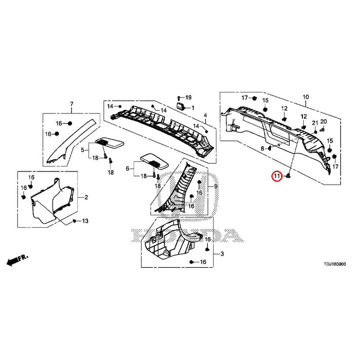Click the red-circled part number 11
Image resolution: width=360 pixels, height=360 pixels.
pyautogui.click(x=277, y=176)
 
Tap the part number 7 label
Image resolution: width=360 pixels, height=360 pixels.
pyautogui.click(x=72, y=104)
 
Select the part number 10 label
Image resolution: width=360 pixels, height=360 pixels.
pyautogui.click(x=306, y=97)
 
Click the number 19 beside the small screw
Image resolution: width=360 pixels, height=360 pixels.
pyautogui.click(x=188, y=98)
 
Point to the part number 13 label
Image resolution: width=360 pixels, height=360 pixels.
pyautogui.click(x=85, y=221)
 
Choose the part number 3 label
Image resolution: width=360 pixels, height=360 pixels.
pyautogui.click(x=222, y=254)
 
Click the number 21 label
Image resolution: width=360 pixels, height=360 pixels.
pyautogui.click(x=315, y=123)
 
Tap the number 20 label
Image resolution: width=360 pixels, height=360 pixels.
pyautogui.click(x=323, y=121)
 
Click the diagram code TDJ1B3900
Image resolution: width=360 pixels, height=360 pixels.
pyautogui.click(x=334, y=264)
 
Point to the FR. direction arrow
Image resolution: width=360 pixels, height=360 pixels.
pyautogui.click(x=18, y=260)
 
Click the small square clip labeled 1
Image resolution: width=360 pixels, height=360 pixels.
pyautogui.click(x=180, y=107)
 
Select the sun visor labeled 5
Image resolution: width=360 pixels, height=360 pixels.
pyautogui.click(x=109, y=144)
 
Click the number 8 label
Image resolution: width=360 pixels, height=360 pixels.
pyautogui.click(x=262, y=148)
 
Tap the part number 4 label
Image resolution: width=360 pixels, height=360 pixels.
pyautogui.click(x=205, y=115)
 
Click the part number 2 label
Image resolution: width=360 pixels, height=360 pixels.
pyautogui.click(x=86, y=197)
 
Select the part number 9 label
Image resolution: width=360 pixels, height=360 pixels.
pyautogui.click(x=216, y=187)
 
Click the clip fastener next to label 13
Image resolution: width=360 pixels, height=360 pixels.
pyautogui.click(x=74, y=221)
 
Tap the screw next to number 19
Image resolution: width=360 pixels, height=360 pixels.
pyautogui.click(x=179, y=98)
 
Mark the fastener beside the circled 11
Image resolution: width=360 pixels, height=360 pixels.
pyautogui.click(x=288, y=176)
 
